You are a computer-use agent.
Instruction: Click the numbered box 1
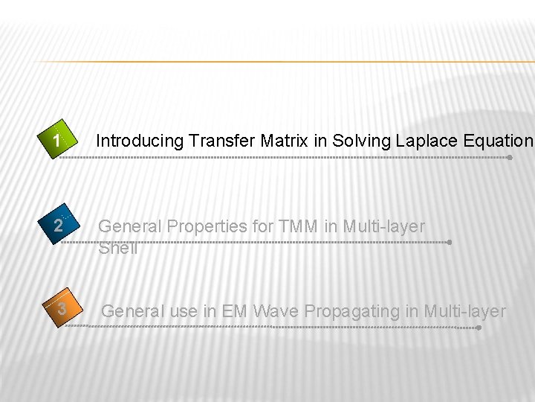57,140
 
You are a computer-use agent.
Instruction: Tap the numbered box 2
58,226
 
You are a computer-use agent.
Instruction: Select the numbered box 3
62,308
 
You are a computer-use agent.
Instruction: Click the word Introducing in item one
140,141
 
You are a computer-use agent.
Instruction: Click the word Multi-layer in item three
464,311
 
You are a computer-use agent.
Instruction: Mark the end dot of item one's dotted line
510,157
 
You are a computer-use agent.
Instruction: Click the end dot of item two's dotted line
450,242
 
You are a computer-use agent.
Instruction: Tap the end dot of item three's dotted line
479,327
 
